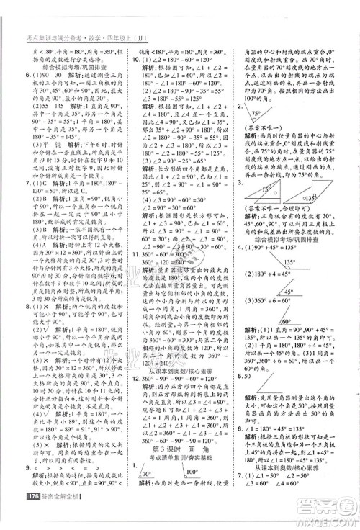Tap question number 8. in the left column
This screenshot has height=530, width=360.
pos(9,305)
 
